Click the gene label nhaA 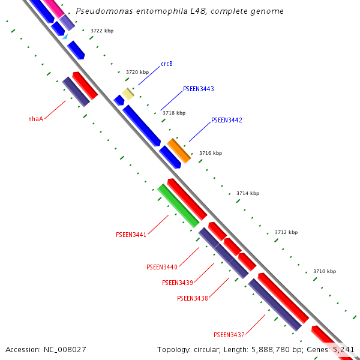pyautogui.click(x=35, y=119)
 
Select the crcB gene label pyautogui.click(x=167, y=64)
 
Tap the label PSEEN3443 pyautogui.click(x=198, y=89)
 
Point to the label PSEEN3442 pyautogui.click(x=226, y=121)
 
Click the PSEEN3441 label pyautogui.click(x=131, y=235)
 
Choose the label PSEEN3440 pyautogui.click(x=161, y=267)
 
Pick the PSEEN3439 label pyautogui.click(x=177, y=283)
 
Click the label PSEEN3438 pyautogui.click(x=192, y=298)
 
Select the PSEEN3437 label pyautogui.click(x=229, y=335)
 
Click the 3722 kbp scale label pyautogui.click(x=101, y=31)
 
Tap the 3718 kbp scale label pyautogui.click(x=173, y=113)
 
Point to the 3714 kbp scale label pyautogui.click(x=247, y=193)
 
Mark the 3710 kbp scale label pyautogui.click(x=324, y=272)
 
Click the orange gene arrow pyautogui.click(x=179, y=151)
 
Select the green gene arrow pyautogui.click(x=178, y=206)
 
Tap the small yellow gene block pyautogui.click(x=128, y=94)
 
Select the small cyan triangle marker pyautogui.click(x=65, y=37)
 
